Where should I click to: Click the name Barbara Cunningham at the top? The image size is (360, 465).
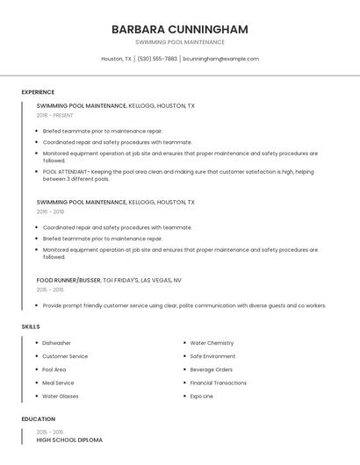179,29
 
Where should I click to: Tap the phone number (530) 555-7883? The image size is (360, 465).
157,59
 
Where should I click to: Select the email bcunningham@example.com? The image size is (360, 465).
220,59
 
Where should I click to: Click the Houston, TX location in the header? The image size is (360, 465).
116,59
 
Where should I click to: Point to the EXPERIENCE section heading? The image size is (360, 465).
38,92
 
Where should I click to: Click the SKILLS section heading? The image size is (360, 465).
31,326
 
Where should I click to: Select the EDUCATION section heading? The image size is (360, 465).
39,419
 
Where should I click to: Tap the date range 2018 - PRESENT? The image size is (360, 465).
54,115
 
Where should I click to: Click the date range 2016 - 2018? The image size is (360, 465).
50,211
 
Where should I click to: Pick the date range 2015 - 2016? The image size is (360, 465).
50,290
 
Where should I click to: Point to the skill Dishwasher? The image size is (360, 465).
56,343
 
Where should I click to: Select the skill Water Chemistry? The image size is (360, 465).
212,343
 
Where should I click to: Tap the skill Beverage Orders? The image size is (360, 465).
211,369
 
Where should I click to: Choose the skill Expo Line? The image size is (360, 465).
201,396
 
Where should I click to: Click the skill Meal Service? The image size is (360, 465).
58,383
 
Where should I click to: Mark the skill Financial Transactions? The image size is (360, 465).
219,383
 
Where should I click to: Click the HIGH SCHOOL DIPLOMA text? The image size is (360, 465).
69,440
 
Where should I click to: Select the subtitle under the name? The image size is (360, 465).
179,42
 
